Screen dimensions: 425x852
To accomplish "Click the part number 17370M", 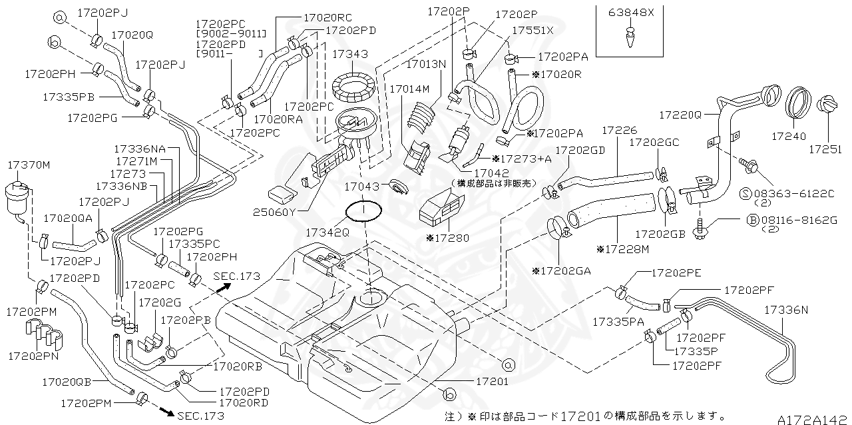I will point(29,164).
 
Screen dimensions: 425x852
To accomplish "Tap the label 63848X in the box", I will point(630,12).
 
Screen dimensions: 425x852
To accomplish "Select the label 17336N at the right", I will point(785,310).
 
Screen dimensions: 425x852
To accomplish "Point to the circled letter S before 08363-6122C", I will point(746,193).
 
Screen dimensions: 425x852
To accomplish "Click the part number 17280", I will point(451,238).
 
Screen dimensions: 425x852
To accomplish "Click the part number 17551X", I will point(532,31).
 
